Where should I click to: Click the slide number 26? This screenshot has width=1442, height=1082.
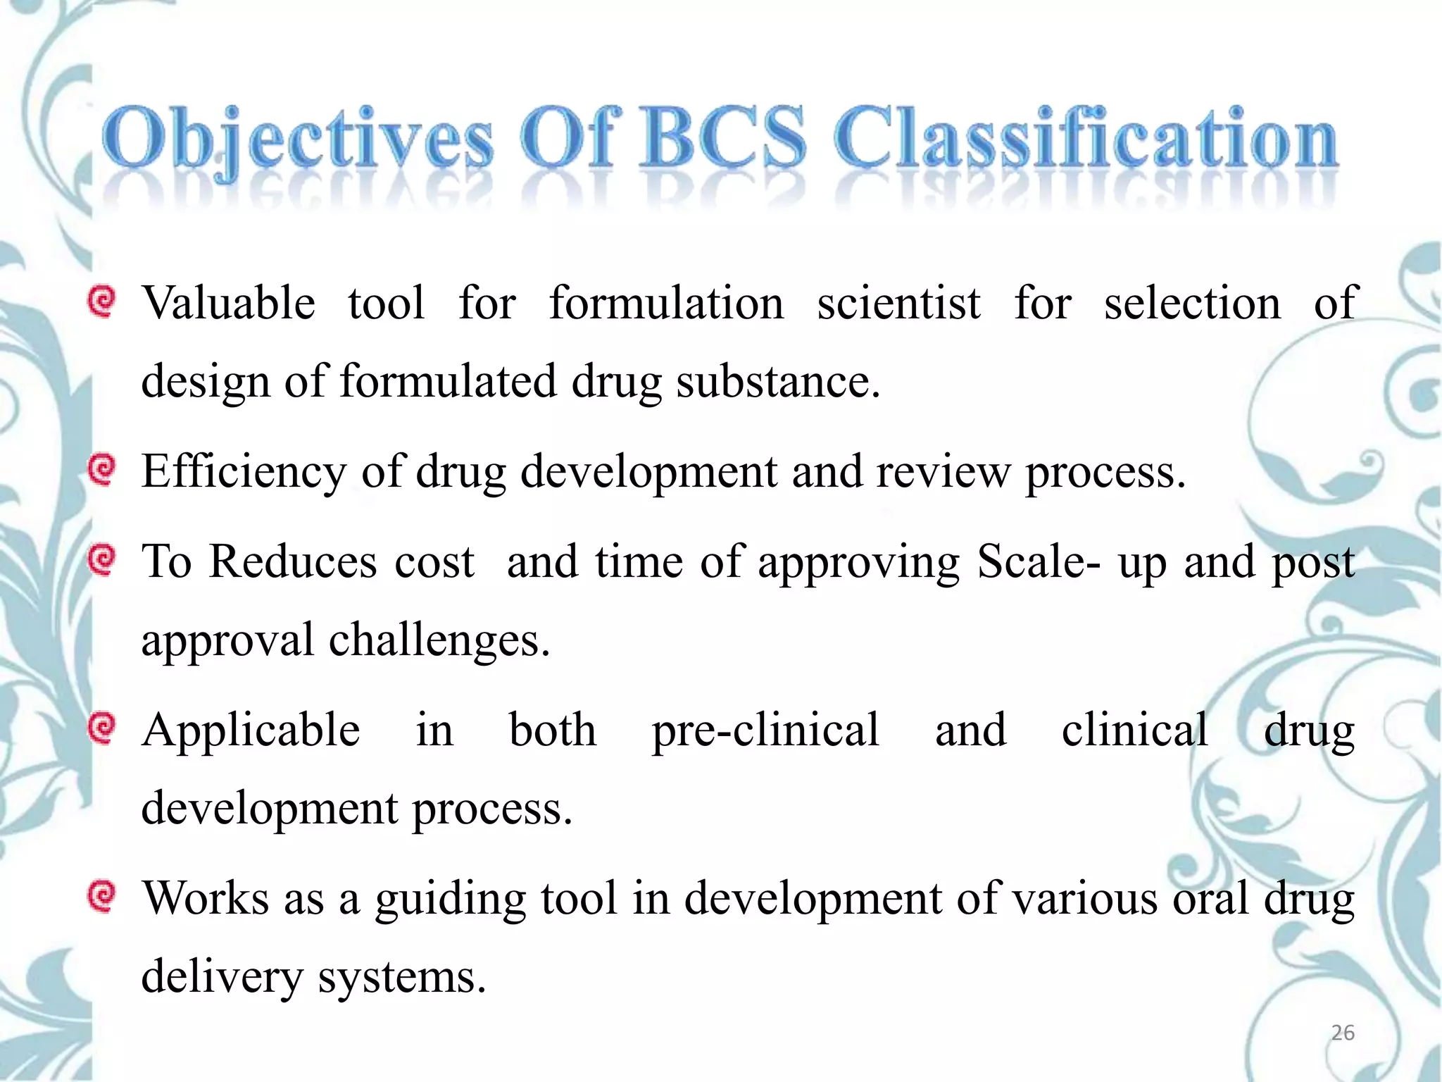(1343, 1033)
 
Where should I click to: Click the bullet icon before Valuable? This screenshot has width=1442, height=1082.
(102, 302)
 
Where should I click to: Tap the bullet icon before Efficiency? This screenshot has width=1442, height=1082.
(102, 470)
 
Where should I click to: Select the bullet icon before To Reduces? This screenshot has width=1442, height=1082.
(102, 560)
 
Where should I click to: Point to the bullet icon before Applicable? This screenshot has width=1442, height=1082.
(102, 728)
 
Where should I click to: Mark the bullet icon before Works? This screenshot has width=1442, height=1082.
(102, 896)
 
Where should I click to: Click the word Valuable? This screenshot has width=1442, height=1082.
(229, 304)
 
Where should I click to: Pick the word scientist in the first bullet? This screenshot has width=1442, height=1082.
(898, 304)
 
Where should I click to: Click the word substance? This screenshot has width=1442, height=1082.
(778, 382)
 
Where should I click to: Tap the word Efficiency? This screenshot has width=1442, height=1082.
(244, 472)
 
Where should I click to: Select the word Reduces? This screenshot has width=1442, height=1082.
(293, 562)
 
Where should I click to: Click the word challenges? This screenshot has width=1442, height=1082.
(439, 641)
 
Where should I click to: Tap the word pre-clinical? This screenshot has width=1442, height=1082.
(765, 730)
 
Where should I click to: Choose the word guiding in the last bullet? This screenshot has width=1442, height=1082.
(451, 900)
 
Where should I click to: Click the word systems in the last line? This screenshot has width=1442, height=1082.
(402, 978)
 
